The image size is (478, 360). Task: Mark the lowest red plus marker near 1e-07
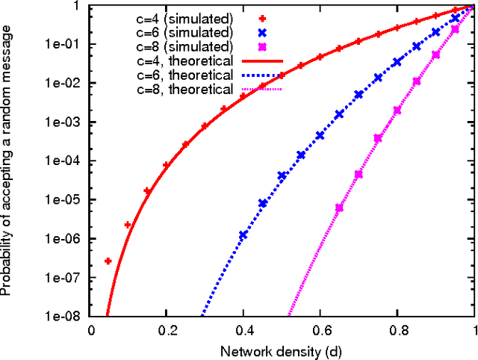coord(108,261)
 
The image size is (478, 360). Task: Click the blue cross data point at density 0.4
coord(243,235)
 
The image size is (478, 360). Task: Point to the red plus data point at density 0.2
coord(167,165)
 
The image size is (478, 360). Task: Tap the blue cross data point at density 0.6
coord(320,136)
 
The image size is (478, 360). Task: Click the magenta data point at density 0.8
coord(397,110)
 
